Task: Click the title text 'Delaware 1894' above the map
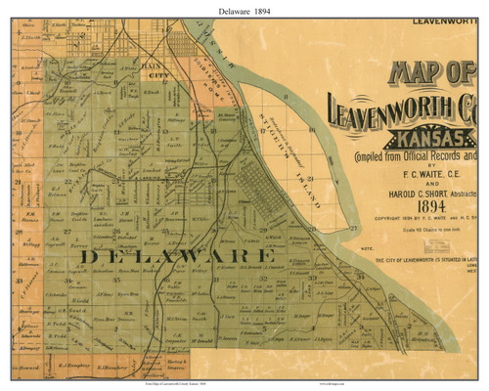[244, 9]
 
